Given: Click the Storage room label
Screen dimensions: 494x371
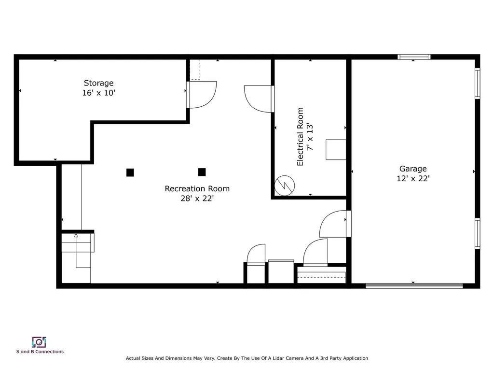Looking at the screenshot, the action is (98, 83).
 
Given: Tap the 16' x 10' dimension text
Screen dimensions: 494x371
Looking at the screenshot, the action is (98, 93).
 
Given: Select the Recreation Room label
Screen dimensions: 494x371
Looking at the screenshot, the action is (197, 189).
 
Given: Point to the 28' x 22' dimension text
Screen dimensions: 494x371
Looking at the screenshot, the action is (197, 199).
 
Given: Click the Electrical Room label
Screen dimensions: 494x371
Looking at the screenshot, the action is (300, 137).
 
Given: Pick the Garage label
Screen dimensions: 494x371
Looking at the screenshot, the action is (413, 169).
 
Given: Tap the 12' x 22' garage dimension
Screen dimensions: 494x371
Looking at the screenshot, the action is (413, 179).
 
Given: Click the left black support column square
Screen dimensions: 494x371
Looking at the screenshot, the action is (130, 172).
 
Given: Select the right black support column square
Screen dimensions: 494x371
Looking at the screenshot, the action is (202, 172).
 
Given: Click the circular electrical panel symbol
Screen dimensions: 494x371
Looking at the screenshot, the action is (285, 185).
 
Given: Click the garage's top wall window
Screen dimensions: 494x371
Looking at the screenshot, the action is (414, 57).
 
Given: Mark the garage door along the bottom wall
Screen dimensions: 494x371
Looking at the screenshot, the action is (414, 286).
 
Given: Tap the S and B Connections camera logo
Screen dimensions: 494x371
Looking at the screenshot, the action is (39, 342).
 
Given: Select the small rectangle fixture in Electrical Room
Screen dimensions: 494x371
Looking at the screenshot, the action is (336, 150).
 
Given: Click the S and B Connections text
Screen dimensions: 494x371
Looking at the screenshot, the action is (40, 352).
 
